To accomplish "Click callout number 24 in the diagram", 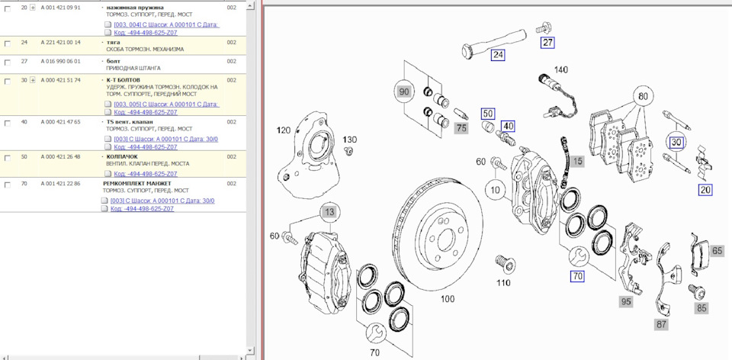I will [x=498, y=55].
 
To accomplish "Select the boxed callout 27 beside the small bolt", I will [x=548, y=43].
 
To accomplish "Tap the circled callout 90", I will [x=404, y=92].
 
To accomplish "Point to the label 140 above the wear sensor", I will [x=560, y=69].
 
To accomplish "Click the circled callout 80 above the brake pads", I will [x=644, y=97].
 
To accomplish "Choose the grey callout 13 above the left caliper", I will [x=328, y=211].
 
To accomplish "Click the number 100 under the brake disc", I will [x=448, y=298].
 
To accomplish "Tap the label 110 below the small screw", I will [x=502, y=283].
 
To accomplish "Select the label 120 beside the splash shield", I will [x=284, y=130].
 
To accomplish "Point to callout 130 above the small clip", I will [x=349, y=140].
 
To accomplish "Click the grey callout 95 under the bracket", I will [x=626, y=302].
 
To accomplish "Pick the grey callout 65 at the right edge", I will [x=717, y=250].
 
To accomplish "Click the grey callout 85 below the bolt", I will [x=701, y=309].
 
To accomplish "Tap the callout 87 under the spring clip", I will [x=661, y=325].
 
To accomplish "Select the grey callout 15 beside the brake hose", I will [x=578, y=161].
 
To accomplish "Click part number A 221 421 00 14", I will [x=60, y=43].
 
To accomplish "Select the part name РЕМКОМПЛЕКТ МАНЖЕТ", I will [x=137, y=184].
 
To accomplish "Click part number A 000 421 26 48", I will [x=60, y=156].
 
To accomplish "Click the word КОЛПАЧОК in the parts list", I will [x=122, y=156].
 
